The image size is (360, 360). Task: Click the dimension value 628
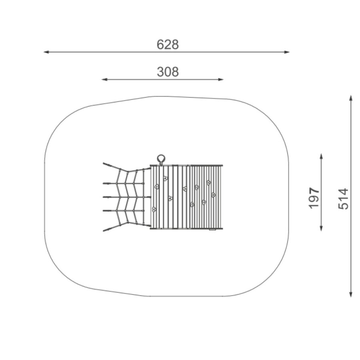168,44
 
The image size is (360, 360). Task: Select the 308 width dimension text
168,72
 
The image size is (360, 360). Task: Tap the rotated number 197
314,198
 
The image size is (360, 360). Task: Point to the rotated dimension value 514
344,198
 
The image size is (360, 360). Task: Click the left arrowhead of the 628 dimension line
46,52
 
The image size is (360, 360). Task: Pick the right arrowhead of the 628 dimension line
287,52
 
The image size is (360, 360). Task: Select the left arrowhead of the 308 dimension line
104,80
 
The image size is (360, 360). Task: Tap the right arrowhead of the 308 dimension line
221,80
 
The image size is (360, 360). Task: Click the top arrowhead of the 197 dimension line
321,156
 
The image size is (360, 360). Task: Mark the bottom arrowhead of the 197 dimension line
321,228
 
